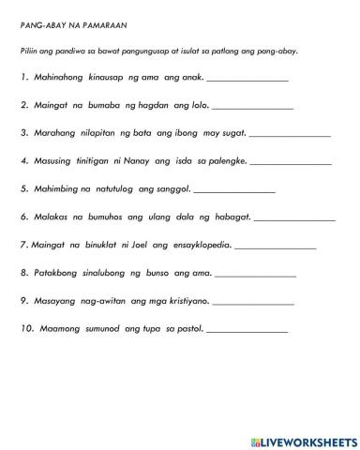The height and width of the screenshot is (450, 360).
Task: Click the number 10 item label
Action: pyautogui.click(x=25, y=329)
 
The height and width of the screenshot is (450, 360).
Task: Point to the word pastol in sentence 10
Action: pyautogui.click(x=186, y=329)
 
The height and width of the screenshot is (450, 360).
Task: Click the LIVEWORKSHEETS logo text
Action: pyautogui.click(x=304, y=439)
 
